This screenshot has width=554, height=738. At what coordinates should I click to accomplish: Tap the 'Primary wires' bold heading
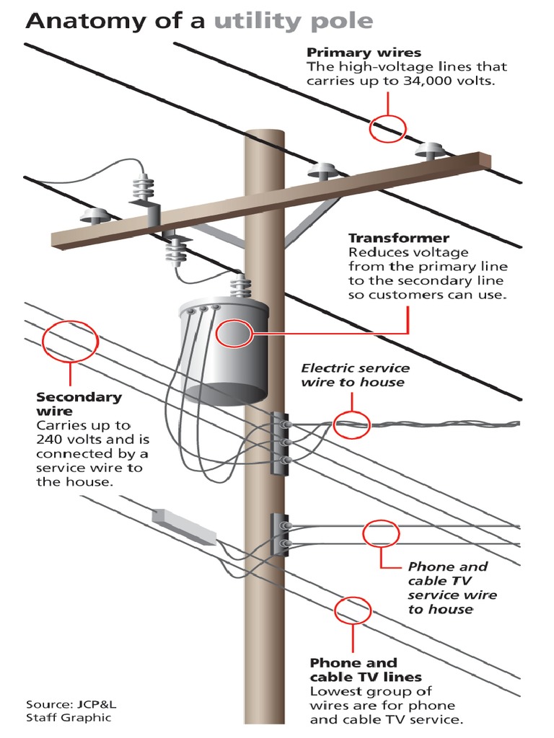click(364, 53)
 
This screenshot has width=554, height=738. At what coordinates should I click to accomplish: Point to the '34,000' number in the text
click(417, 81)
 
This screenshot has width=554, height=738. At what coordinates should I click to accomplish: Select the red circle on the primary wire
click(388, 128)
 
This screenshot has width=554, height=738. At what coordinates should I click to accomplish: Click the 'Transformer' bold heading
click(399, 238)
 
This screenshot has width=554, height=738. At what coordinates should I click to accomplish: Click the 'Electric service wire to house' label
click(355, 375)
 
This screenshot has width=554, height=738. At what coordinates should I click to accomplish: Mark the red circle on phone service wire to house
click(380, 534)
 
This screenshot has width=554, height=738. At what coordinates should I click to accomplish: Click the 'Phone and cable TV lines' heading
click(365, 670)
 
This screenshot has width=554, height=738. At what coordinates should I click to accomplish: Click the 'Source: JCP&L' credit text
click(69, 703)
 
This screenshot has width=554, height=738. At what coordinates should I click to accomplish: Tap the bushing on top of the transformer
click(238, 285)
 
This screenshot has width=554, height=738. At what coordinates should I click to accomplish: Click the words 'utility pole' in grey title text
click(293, 21)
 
